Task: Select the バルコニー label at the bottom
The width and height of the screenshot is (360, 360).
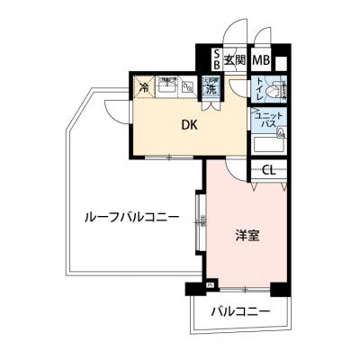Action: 240,312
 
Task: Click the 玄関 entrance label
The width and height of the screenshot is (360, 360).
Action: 236,61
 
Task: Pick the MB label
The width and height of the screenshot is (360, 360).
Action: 260,61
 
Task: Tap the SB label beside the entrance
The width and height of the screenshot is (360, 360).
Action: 217,61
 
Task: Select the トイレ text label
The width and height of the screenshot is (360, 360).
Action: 258,90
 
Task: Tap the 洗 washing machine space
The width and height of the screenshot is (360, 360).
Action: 211,88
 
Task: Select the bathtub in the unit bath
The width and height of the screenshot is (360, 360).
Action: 270,145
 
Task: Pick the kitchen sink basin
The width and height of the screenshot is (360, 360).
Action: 167,87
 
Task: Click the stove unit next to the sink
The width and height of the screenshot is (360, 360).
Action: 187,87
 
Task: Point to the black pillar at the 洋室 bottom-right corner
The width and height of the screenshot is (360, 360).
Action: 280,289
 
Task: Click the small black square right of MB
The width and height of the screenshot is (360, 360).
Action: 281,62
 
